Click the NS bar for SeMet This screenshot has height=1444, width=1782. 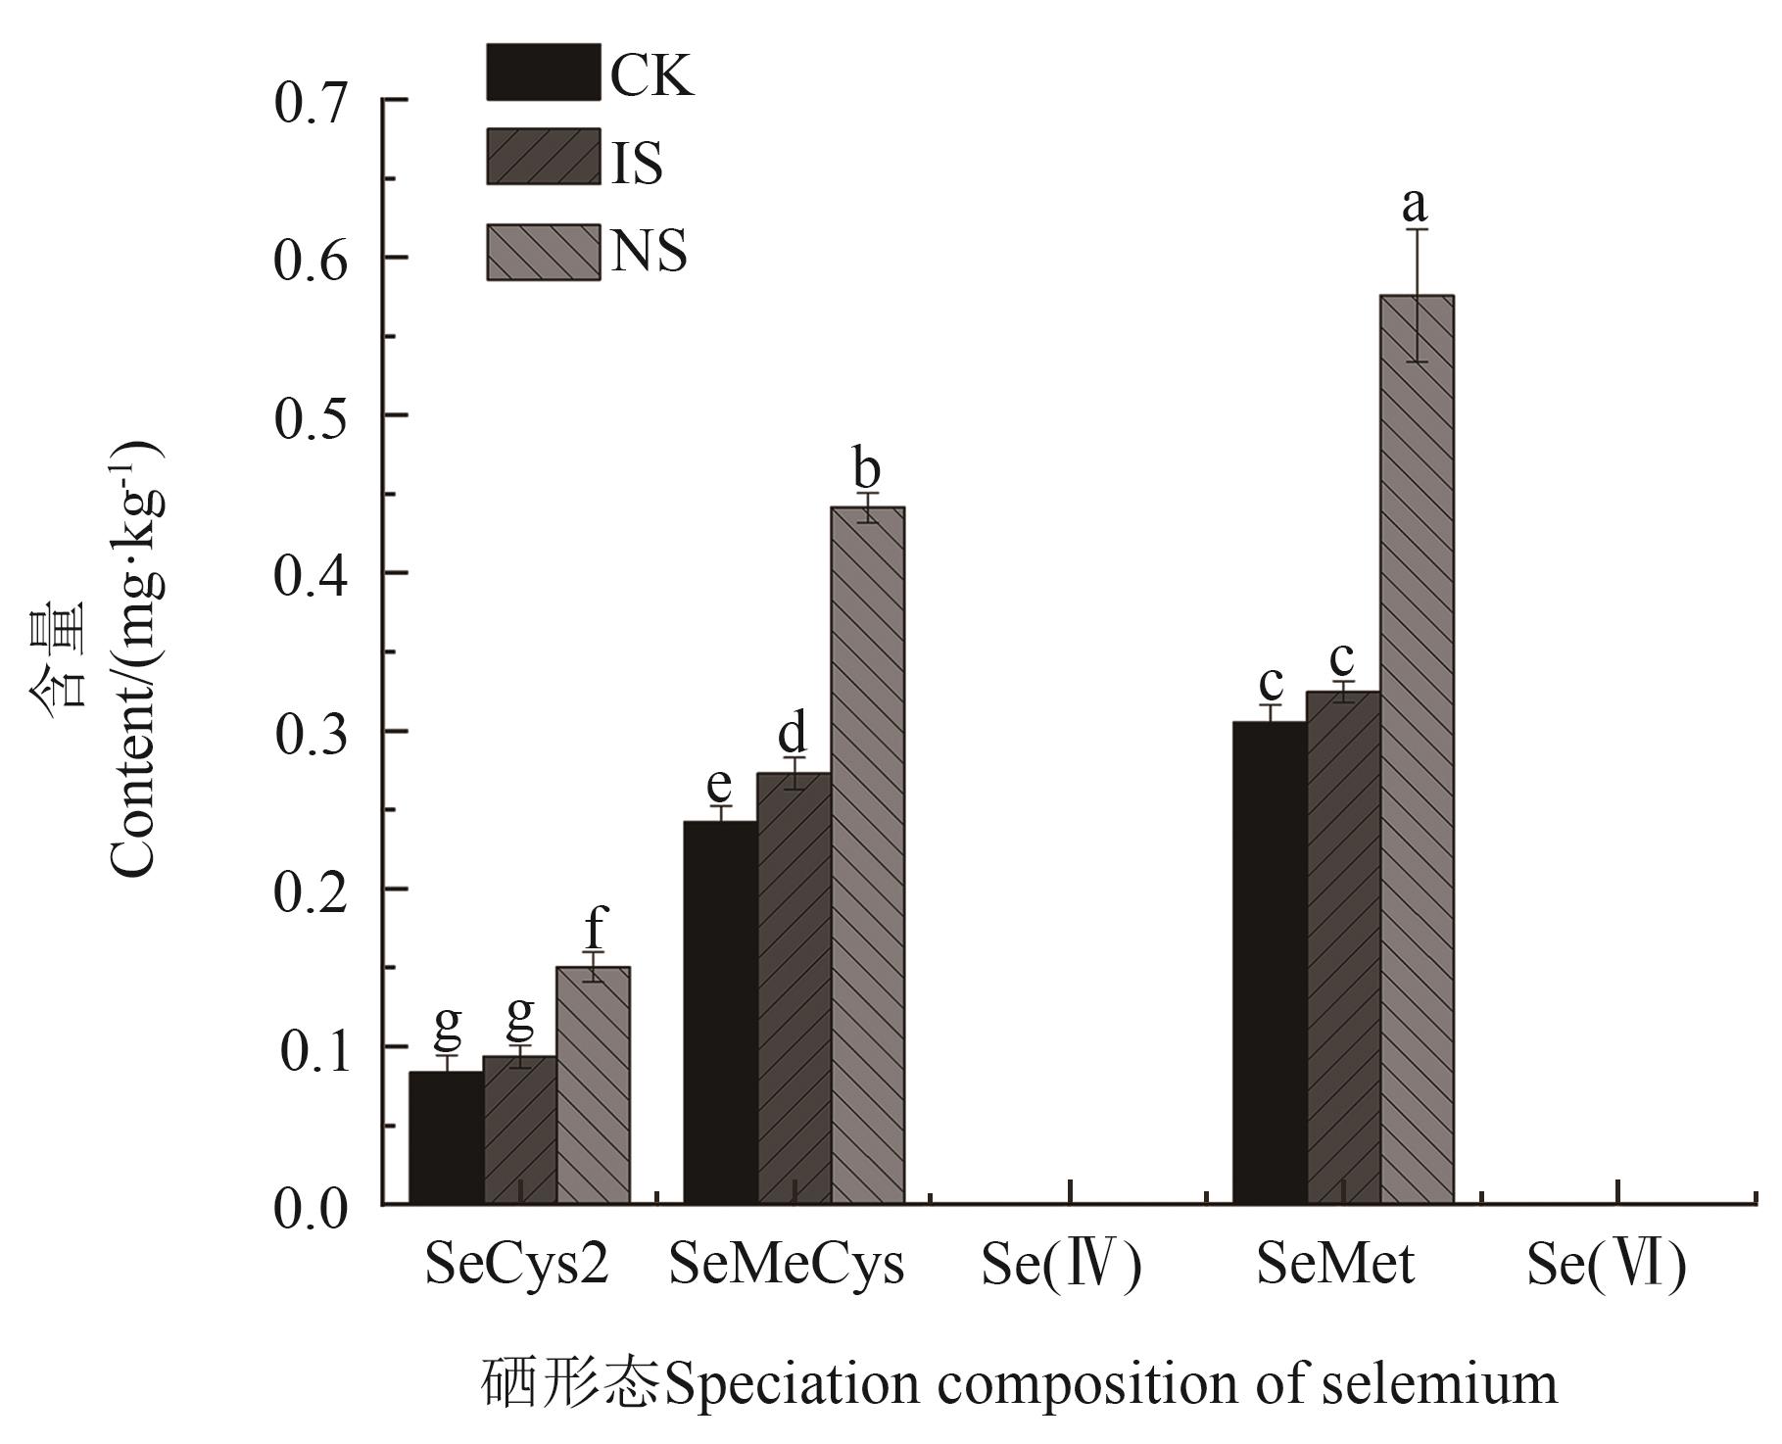pos(1417,749)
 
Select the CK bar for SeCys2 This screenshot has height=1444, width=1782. pos(446,1137)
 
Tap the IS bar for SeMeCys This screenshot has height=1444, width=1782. pos(794,988)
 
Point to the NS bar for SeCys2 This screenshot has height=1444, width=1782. pos(593,1085)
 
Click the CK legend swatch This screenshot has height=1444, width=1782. pos(543,72)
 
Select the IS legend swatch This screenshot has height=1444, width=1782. pos(543,157)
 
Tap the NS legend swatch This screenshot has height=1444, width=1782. pos(543,252)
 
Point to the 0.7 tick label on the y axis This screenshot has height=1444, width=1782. pos(311,104)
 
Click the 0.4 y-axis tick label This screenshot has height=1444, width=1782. pos(311,576)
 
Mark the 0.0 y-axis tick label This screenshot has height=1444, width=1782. pos(311,1209)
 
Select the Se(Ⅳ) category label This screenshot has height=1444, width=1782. pos(1062,1266)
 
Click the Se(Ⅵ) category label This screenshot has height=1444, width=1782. pos(1606,1266)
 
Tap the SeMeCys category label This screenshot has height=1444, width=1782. pos(787,1266)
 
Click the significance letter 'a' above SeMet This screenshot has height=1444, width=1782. pos(1415,205)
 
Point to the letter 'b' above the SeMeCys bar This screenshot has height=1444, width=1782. pos(866,469)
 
